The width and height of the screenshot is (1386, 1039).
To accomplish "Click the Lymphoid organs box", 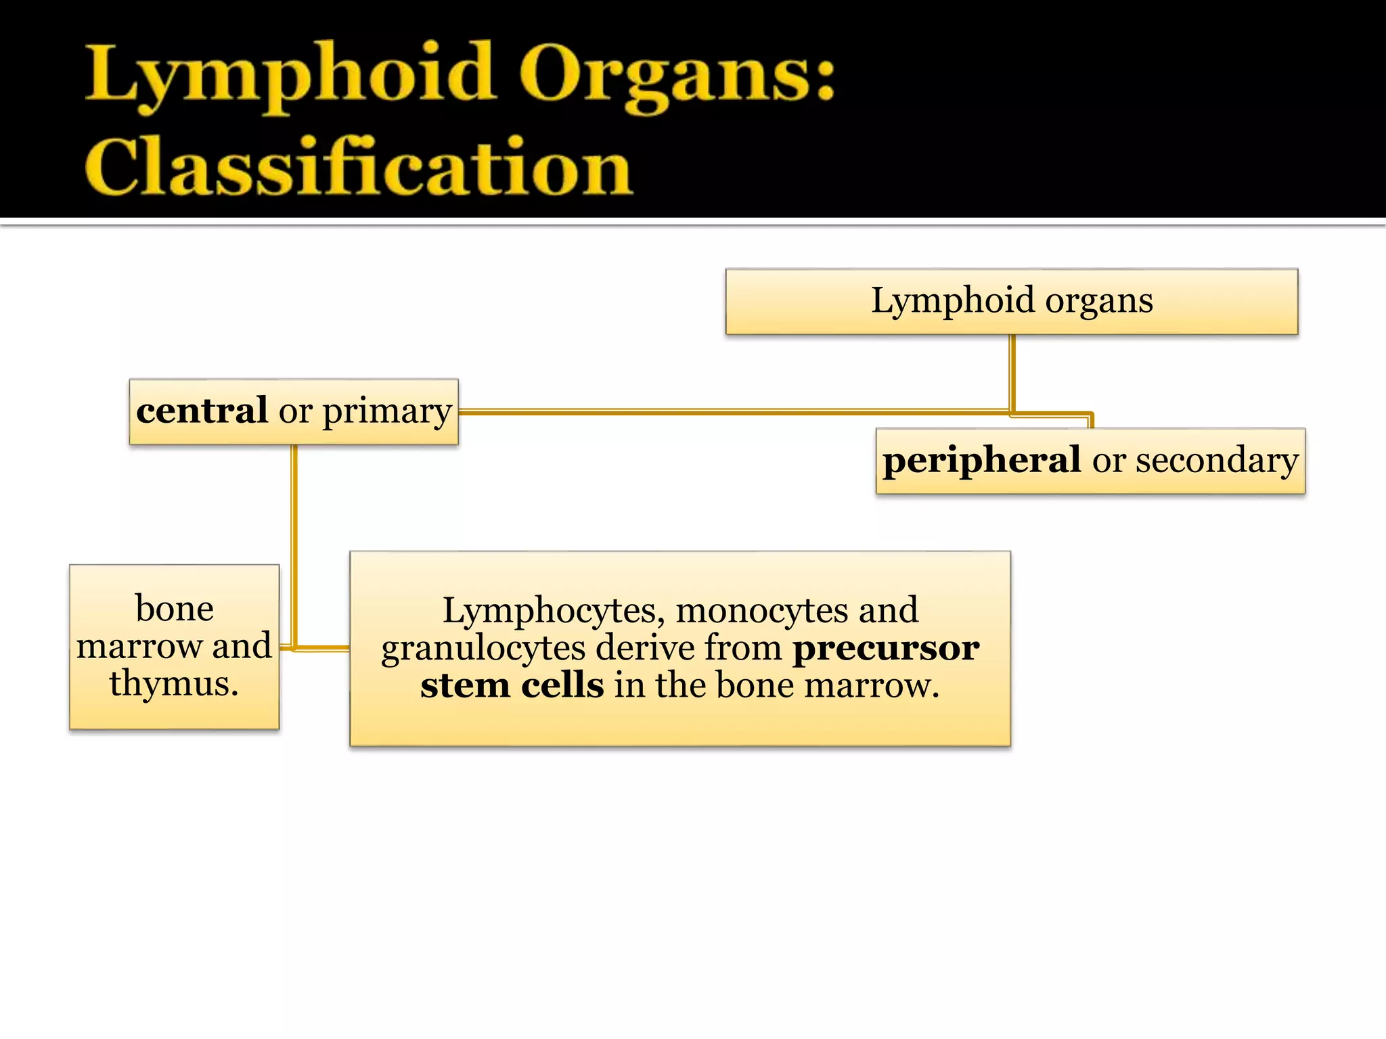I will click(1011, 301).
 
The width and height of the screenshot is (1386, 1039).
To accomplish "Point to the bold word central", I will click(202, 411).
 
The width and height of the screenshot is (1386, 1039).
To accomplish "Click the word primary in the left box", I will click(386, 412).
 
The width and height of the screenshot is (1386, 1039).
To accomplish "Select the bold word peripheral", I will click(981, 460).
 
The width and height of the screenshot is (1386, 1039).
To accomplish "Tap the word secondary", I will click(1216, 460).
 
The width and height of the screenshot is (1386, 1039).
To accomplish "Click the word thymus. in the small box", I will click(174, 683).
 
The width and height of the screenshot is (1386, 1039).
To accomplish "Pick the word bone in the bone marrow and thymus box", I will click(175, 608).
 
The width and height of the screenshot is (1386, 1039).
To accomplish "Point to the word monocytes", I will click(761, 610).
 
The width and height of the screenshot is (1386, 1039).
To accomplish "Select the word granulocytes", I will click(483, 648).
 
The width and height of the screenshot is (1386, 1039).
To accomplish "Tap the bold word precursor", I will click(885, 648).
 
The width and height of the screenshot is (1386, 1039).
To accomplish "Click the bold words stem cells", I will click(512, 685).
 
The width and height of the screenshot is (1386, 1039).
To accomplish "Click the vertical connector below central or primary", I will click(294, 541).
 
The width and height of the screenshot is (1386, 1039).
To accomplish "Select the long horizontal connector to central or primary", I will click(731, 411).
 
